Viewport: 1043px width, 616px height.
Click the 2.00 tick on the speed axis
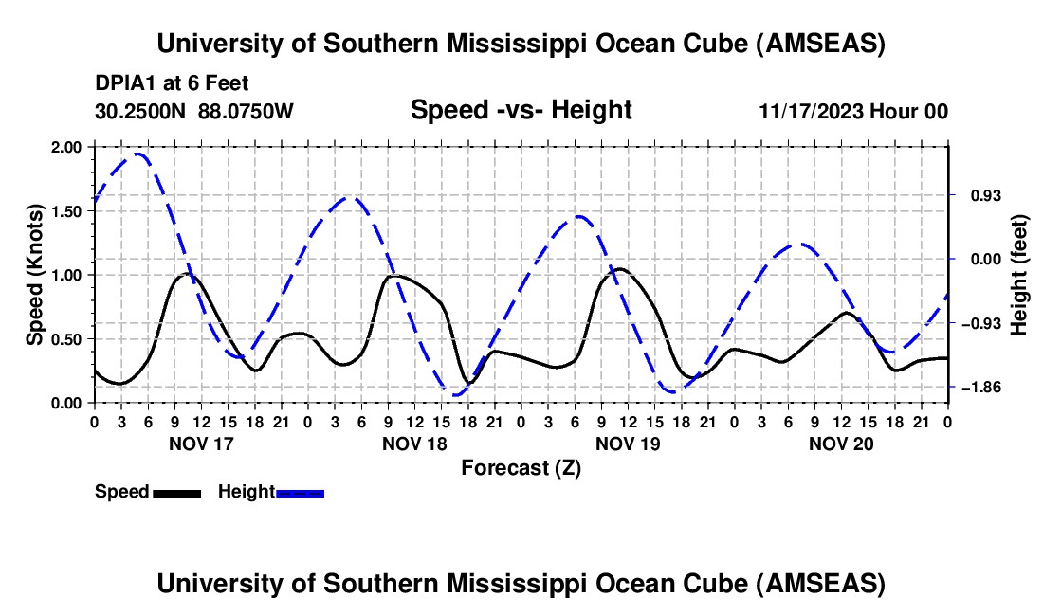pos(69,147)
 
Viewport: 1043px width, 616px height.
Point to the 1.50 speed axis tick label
pos(69,210)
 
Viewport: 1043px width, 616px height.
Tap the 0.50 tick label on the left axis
pos(69,338)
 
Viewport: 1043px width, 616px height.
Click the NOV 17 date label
pos(201,443)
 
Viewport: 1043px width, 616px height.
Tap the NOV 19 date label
pos(628,443)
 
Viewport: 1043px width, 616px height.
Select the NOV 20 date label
pos(841,443)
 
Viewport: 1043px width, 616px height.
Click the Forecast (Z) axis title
pos(521,467)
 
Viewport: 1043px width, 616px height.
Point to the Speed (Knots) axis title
pos(35,274)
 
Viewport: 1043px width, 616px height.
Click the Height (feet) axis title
pos(1018,274)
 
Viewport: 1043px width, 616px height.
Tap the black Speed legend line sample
pos(176,493)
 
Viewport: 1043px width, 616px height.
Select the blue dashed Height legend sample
pos(300,493)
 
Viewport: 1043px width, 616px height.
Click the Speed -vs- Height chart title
pos(521,110)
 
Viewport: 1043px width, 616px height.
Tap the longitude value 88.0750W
pos(247,112)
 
